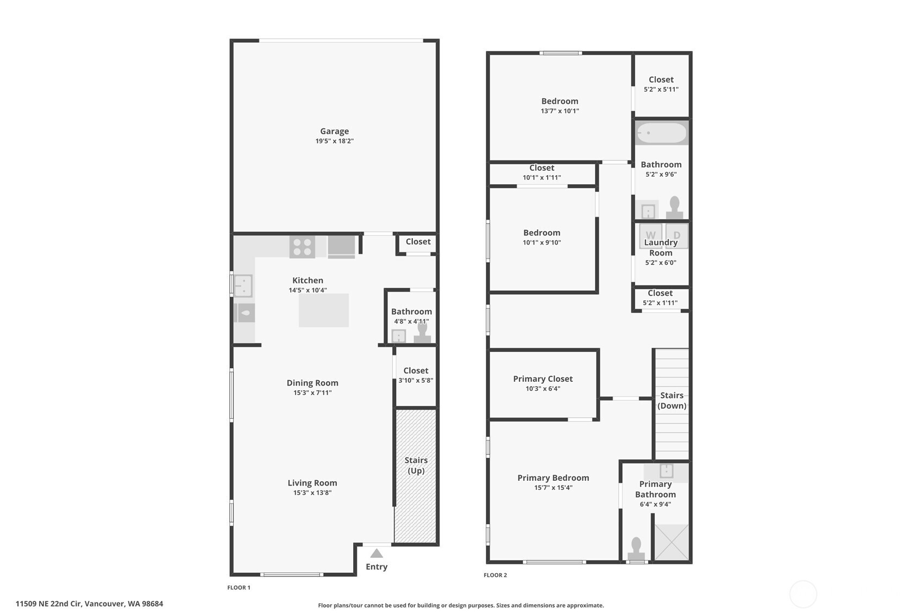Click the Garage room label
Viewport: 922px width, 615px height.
click(x=334, y=131)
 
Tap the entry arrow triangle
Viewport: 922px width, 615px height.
click(x=376, y=553)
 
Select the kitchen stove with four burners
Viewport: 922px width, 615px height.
click(x=302, y=247)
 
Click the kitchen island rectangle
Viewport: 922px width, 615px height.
click(x=323, y=310)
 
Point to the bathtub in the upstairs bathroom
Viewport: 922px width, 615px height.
click(x=661, y=133)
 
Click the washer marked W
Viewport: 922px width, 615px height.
click(x=650, y=235)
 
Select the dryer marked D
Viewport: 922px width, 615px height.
click(x=676, y=235)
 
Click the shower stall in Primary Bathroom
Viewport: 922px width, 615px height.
click(x=672, y=542)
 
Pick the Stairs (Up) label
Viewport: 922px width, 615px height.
click(x=416, y=465)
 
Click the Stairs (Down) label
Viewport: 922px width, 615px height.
click(x=672, y=400)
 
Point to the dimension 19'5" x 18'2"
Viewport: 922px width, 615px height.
click(x=334, y=141)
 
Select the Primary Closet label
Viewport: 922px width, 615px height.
click(x=543, y=378)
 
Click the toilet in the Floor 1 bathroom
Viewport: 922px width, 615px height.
click(x=422, y=332)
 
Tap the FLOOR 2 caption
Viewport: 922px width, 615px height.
click(x=495, y=575)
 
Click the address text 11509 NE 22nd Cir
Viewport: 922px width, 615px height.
click(x=49, y=604)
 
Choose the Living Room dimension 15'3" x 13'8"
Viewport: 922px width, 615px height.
click(x=312, y=493)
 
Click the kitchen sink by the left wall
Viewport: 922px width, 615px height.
click(x=243, y=286)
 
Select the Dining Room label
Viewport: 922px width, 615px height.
click(x=312, y=383)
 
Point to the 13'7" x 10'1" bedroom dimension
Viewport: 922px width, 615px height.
click(x=560, y=111)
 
